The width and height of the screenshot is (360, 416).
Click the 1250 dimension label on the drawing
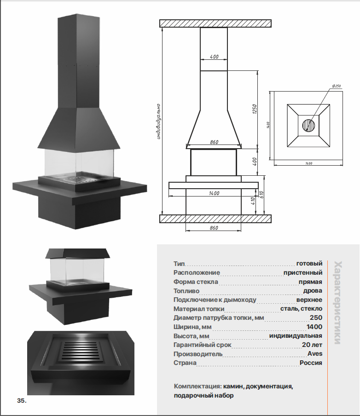[x=254, y=110]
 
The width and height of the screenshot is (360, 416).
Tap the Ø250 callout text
[x=336, y=86]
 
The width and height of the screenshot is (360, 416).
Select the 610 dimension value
[x=261, y=195]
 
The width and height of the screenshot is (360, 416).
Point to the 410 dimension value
[x=253, y=201]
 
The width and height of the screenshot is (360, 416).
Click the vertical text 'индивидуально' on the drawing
[x=158, y=121]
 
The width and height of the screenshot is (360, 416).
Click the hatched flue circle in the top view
[x=308, y=125]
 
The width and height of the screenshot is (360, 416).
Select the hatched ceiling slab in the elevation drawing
[x=215, y=23]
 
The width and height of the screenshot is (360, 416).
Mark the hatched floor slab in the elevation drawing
[x=215, y=219]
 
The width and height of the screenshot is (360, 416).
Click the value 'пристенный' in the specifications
[x=302, y=273]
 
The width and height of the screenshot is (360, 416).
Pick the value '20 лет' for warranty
[x=312, y=345]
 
